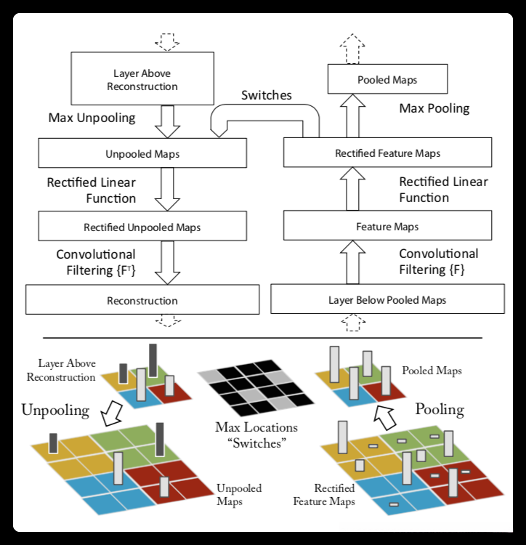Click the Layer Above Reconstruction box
point(142,78)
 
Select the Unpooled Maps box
point(142,153)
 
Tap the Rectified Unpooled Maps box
point(142,226)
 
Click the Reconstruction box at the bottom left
point(142,299)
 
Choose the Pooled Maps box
point(387,79)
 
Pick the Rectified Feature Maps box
point(387,153)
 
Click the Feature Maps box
point(387,225)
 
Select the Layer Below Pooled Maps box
point(387,299)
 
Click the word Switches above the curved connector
point(267,95)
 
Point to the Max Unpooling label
point(92,118)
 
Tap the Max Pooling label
point(434,108)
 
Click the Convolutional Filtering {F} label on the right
point(438,262)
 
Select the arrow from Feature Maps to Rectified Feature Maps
point(352,189)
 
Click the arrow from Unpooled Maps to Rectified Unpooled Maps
point(167,190)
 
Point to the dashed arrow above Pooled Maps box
point(352,49)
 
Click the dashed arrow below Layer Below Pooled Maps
point(353,323)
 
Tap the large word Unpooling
point(55,411)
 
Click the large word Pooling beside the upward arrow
point(440,410)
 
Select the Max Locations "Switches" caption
point(256,435)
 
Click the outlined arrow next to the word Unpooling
point(112,413)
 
